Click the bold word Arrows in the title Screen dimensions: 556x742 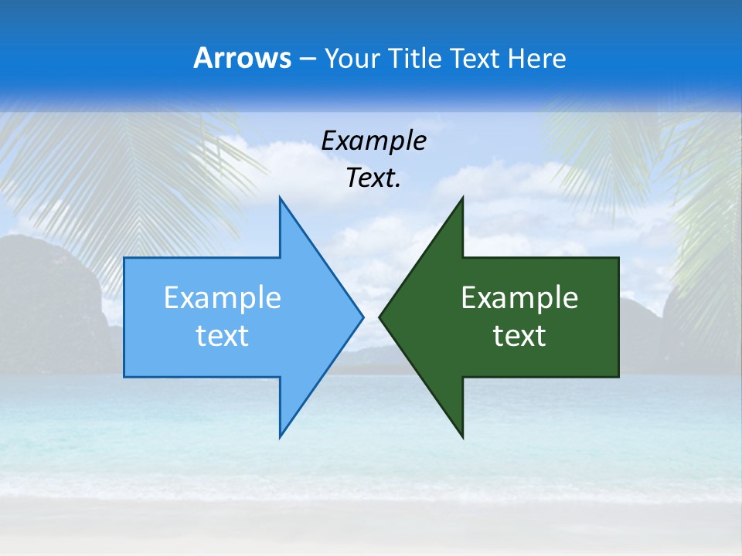click(241, 58)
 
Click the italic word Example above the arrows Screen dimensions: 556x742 click(373, 141)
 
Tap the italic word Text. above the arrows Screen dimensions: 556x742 click(373, 178)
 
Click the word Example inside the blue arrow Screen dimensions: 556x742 click(222, 298)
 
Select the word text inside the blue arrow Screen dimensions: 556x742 click(222, 336)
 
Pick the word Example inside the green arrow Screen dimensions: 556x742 click(519, 298)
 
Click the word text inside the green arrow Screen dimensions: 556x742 click(519, 336)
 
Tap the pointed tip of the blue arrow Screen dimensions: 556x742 click(362, 317)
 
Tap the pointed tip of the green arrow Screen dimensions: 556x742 click(380, 317)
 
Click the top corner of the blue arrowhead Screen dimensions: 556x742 click(280, 198)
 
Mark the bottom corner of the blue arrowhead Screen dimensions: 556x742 click(280, 437)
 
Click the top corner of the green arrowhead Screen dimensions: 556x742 click(462, 198)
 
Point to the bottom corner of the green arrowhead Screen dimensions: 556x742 click(462, 438)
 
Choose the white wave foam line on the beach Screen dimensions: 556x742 click(371, 486)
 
